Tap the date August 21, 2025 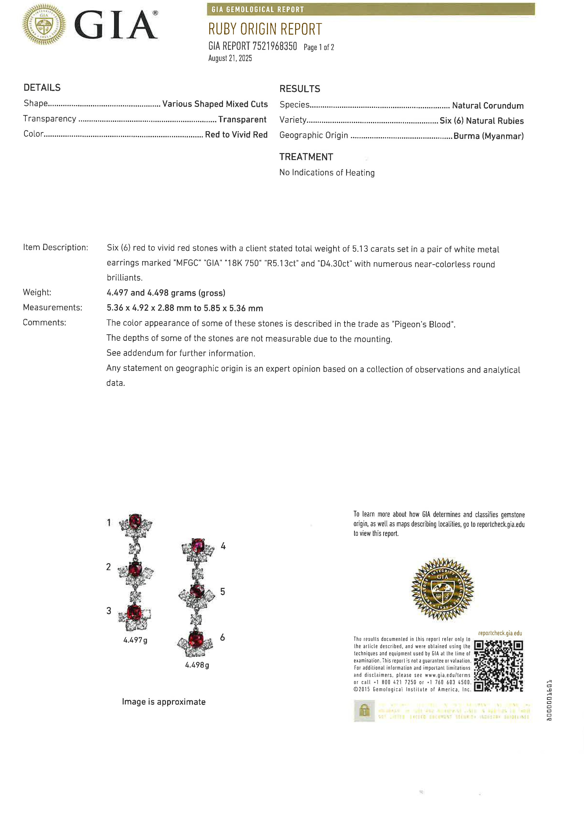pos(230,58)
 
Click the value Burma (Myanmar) pos(488,136)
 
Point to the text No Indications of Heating pos(327,173)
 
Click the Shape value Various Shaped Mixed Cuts pos(215,104)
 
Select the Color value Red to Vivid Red pos(236,135)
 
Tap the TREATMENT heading pos(306,157)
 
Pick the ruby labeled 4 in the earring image pos(198,545)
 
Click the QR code pos(498,666)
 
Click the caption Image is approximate pos(164,702)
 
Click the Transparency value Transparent pos(242,119)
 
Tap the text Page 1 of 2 pos(319,47)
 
